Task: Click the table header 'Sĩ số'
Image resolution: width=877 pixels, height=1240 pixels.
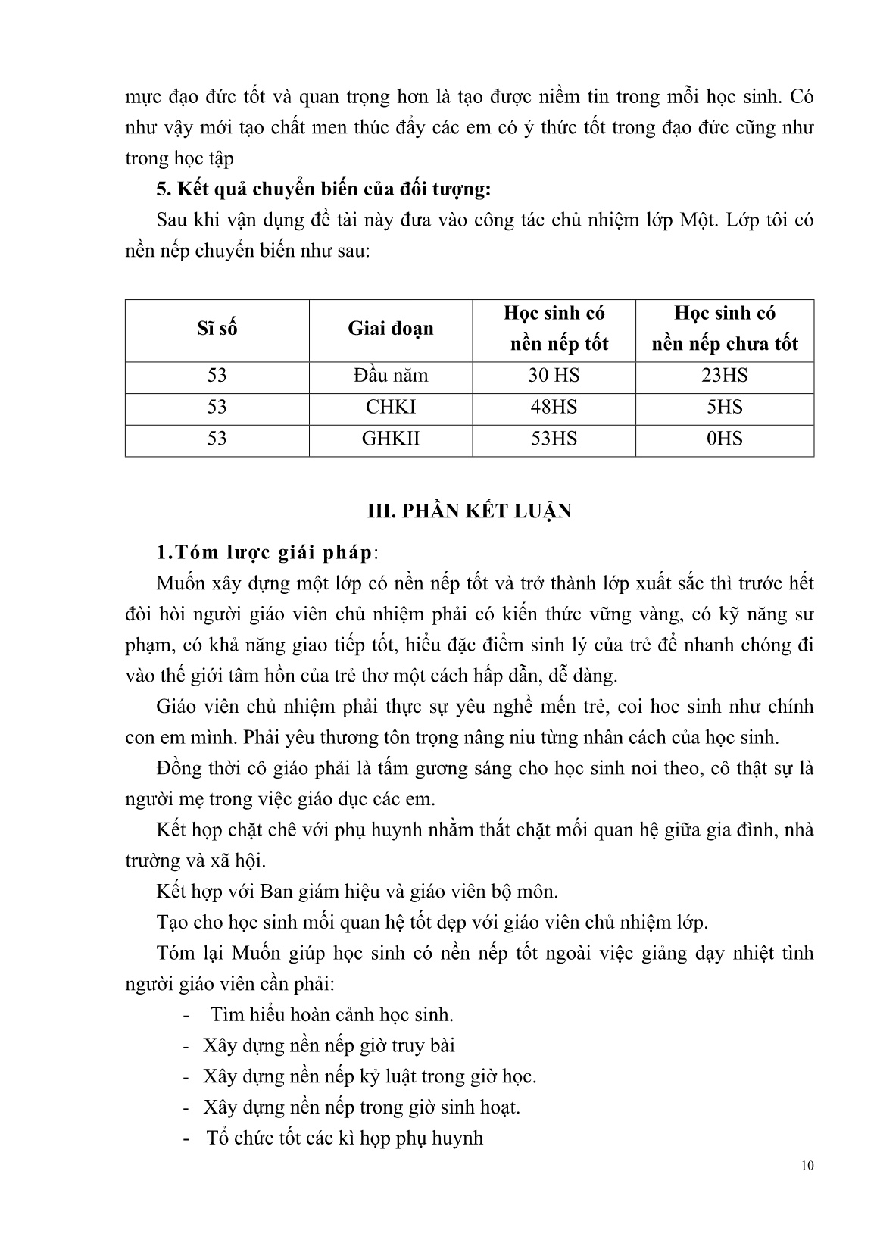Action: pyautogui.click(x=217, y=329)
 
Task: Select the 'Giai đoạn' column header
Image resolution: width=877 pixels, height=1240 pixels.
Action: pyautogui.click(x=391, y=329)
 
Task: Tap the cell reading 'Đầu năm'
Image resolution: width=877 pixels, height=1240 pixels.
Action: pyautogui.click(x=391, y=376)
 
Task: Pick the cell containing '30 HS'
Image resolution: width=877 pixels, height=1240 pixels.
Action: pyautogui.click(x=553, y=376)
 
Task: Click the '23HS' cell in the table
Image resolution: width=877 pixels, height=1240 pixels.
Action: pyautogui.click(x=725, y=376)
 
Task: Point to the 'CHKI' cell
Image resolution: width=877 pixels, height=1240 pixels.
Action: pyautogui.click(x=391, y=408)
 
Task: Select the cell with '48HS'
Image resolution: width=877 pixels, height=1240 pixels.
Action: pyautogui.click(x=553, y=408)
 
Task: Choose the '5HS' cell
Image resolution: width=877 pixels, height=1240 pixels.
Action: pyautogui.click(x=725, y=408)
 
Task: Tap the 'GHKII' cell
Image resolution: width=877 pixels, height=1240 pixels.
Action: pyautogui.click(x=391, y=439)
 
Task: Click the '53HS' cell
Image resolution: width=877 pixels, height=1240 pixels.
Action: pyautogui.click(x=553, y=439)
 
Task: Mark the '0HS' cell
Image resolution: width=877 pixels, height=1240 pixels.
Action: pyautogui.click(x=725, y=439)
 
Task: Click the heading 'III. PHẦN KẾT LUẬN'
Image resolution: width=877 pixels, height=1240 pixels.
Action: pyautogui.click(x=470, y=511)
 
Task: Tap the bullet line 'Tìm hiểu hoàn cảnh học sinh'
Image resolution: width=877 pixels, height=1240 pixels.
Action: pyautogui.click(x=332, y=1014)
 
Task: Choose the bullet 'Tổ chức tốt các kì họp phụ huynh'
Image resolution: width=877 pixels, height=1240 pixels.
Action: pyautogui.click(x=345, y=1138)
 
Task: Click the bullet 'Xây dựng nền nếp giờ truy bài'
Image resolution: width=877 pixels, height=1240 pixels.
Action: pyautogui.click(x=329, y=1045)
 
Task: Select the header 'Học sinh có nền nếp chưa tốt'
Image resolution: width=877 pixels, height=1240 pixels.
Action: pyautogui.click(x=725, y=329)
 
